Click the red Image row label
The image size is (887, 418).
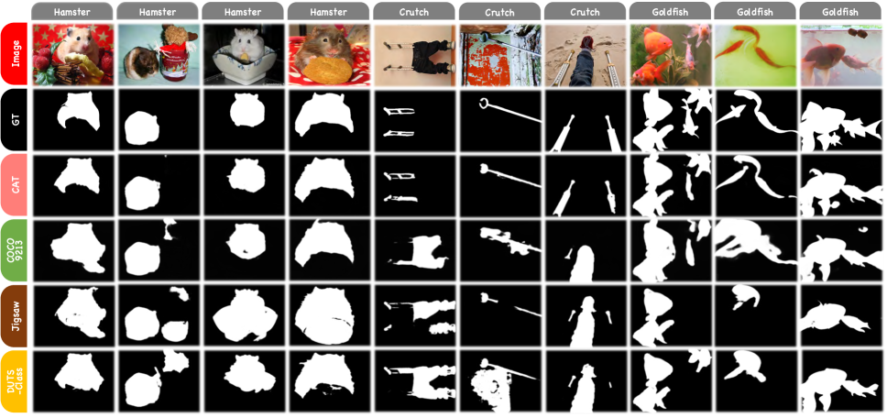(16, 54)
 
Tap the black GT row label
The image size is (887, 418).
(16, 120)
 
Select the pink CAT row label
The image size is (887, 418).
(16, 185)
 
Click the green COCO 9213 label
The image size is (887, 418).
(16, 250)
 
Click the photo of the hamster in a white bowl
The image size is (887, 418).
(243, 54)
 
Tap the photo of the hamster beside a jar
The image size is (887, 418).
(158, 54)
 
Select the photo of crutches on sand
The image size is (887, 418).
(586, 54)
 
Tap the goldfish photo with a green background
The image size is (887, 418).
(756, 54)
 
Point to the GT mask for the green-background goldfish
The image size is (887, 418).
(756, 121)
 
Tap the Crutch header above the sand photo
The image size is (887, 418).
(586, 11)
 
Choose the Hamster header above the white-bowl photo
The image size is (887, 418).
(243, 11)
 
